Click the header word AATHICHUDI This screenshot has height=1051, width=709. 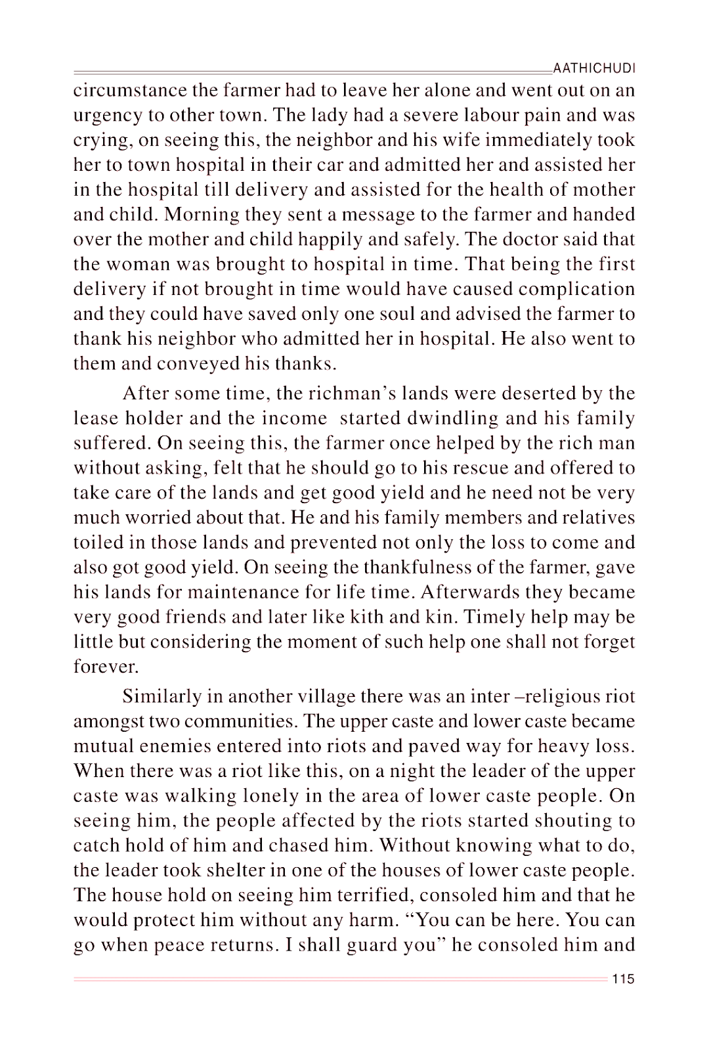[x=595, y=68]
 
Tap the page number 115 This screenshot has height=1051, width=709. [x=623, y=979]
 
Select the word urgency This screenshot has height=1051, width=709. [x=108, y=116]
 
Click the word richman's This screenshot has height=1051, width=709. [x=334, y=393]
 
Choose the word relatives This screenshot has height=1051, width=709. [x=597, y=518]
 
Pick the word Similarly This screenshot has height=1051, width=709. [x=163, y=696]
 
